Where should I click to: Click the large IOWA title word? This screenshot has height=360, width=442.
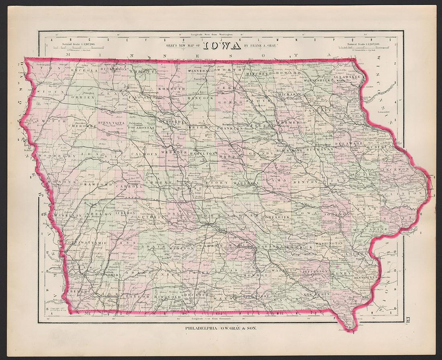pyautogui.click(x=222, y=45)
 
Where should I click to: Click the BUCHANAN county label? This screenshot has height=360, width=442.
pyautogui.click(x=320, y=149)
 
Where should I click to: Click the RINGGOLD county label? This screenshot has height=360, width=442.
pyautogui.click(x=165, y=297)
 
